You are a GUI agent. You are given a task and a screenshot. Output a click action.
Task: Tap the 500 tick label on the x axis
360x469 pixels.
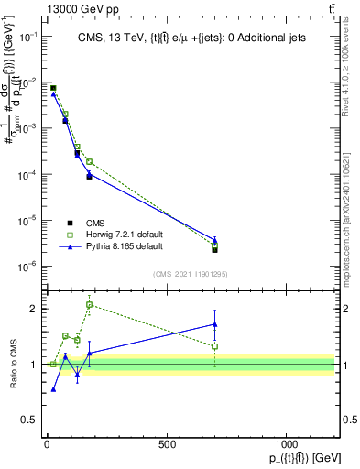[x=166, y=445]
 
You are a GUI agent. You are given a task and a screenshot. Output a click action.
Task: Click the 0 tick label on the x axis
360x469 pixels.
[x=47, y=445]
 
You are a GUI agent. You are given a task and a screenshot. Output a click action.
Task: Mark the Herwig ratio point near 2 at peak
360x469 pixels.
[x=89, y=304]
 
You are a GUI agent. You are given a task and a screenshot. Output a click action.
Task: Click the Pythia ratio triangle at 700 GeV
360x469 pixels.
[x=214, y=324]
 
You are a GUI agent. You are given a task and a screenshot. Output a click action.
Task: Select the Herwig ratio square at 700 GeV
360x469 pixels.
[x=214, y=346]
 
